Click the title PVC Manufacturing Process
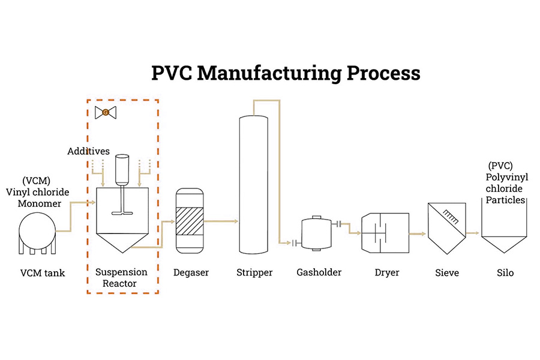[286, 74]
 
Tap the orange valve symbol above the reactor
[106, 112]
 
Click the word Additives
[88, 151]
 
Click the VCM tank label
[43, 274]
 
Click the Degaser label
[191, 273]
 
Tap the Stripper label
[254, 273]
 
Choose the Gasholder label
[319, 272]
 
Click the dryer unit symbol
[385, 232]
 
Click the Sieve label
[447, 273]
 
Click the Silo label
[505, 273]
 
